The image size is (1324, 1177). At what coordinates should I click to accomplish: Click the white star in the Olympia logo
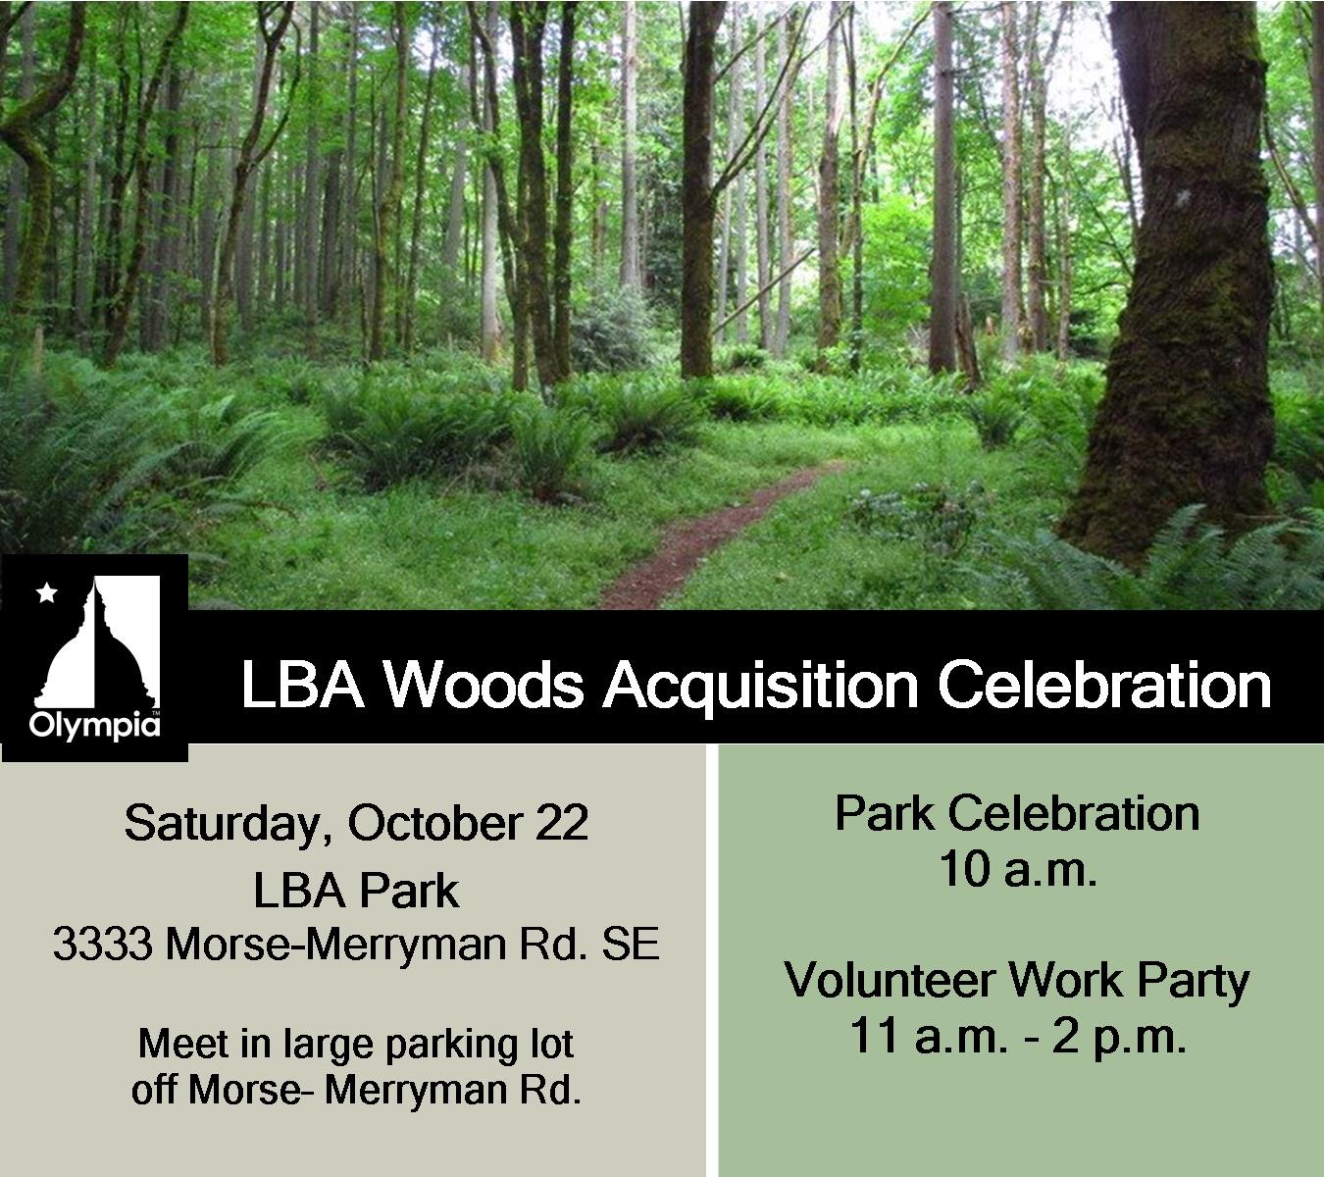pos(46,592)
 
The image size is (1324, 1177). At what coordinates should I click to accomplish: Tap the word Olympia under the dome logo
pos(94,725)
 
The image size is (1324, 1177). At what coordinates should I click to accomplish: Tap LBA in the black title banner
pos(302,686)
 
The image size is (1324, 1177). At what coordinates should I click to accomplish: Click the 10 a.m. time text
pos(1017,870)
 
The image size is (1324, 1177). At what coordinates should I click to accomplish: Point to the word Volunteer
pos(889,981)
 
